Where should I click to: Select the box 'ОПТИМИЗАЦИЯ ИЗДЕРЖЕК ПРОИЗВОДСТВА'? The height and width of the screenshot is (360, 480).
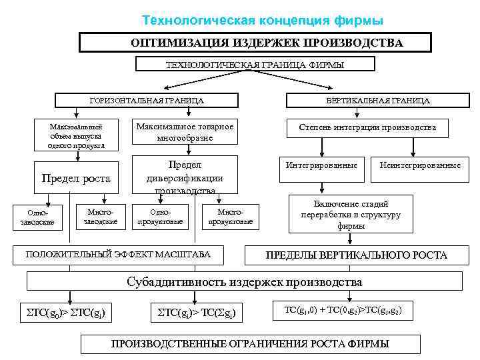pyautogui.click(x=267, y=43)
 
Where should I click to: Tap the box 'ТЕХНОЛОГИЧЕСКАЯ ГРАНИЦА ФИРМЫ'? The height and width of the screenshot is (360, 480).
pyautogui.click(x=255, y=65)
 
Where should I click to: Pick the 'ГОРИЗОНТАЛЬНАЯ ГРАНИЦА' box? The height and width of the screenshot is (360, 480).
pyautogui.click(x=147, y=101)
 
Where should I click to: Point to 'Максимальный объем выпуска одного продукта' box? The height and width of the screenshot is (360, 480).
pyautogui.click(x=76, y=136)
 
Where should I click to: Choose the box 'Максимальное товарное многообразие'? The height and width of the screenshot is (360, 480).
pyautogui.click(x=185, y=132)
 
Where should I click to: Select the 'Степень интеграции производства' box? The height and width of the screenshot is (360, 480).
pyautogui.click(x=367, y=127)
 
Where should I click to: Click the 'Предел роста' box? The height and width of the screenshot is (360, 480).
pyautogui.click(x=76, y=179)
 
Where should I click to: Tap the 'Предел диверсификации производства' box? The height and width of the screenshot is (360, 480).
pyautogui.click(x=185, y=176)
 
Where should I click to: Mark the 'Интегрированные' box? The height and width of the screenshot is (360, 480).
pyautogui.click(x=321, y=165)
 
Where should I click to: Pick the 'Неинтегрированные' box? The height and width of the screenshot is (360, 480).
pyautogui.click(x=420, y=165)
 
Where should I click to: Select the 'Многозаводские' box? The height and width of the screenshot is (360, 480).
pyautogui.click(x=101, y=215)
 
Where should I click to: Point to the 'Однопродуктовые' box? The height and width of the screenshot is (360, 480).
pyautogui.click(x=159, y=216)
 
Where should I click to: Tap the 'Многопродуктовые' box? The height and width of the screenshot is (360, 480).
pyautogui.click(x=231, y=216)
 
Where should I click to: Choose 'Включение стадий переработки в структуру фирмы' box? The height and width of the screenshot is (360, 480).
pyautogui.click(x=351, y=215)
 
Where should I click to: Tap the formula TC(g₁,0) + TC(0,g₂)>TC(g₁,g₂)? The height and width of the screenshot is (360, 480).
pyautogui.click(x=343, y=311)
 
